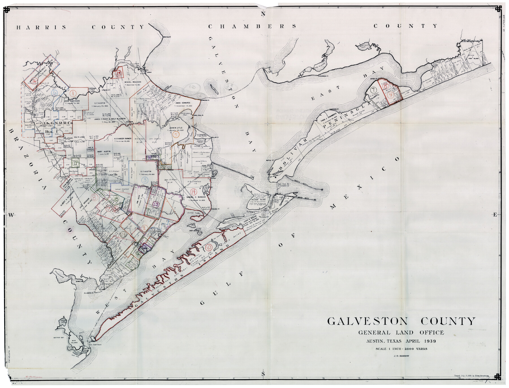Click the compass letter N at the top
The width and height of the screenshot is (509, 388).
tap(263, 14)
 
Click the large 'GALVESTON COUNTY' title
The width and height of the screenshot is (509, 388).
tap(401, 321)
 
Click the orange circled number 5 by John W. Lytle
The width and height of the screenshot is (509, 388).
tap(176, 135)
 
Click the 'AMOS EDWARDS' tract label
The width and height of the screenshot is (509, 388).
tap(182, 103)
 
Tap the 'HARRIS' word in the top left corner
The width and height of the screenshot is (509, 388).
tap(41, 27)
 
